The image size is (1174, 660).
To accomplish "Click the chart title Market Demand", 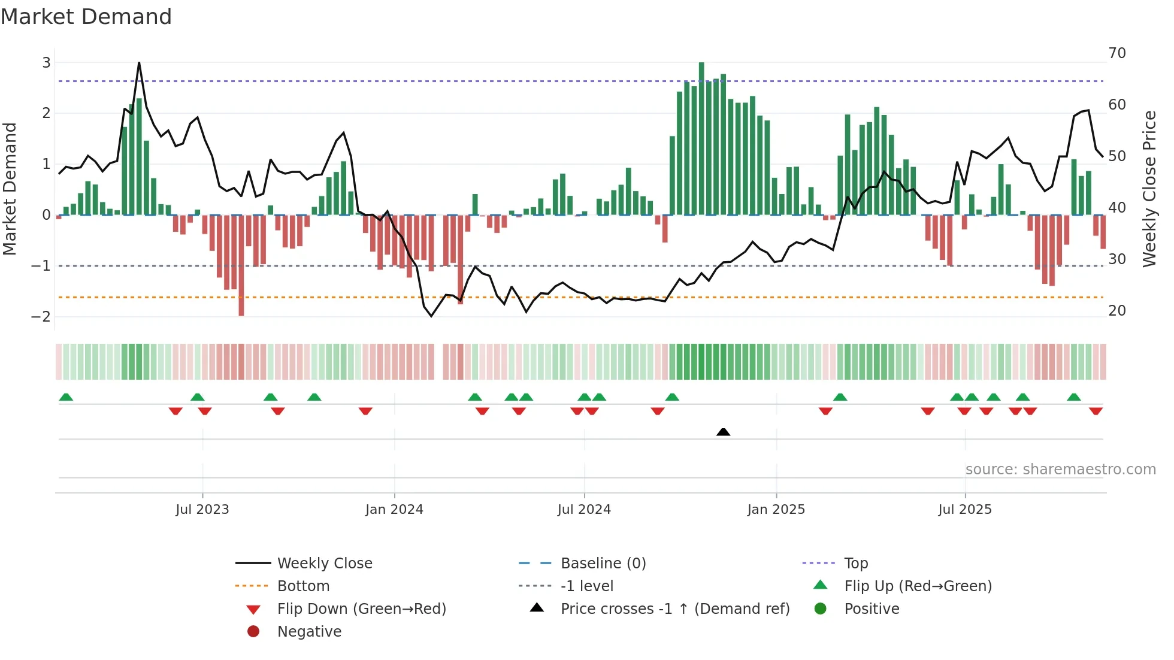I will [86, 17].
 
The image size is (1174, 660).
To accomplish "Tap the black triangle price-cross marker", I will [723, 432].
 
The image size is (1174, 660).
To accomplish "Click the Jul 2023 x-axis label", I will [202, 510].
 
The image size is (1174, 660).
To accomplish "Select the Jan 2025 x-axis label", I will [776, 510].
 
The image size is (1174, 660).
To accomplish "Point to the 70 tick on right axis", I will [1117, 53].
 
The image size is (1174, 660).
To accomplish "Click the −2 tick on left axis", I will [41, 317].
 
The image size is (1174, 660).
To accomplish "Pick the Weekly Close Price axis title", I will [1149, 189].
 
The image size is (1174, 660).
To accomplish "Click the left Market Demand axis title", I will [10, 189].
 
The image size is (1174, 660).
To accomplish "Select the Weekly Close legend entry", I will [325, 564].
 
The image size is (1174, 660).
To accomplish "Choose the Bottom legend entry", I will [303, 586].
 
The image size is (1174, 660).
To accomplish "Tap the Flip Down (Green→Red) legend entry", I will [361, 609].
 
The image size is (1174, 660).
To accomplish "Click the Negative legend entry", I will [309, 632].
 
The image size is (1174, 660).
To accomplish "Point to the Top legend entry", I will [856, 564].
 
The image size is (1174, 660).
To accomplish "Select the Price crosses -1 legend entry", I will [674, 609].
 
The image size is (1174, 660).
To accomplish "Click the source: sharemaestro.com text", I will [1060, 470].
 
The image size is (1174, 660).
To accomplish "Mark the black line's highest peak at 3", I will [139, 63].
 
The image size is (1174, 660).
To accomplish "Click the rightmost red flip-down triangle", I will [1096, 411].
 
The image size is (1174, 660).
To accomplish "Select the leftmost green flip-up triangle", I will [66, 397].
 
